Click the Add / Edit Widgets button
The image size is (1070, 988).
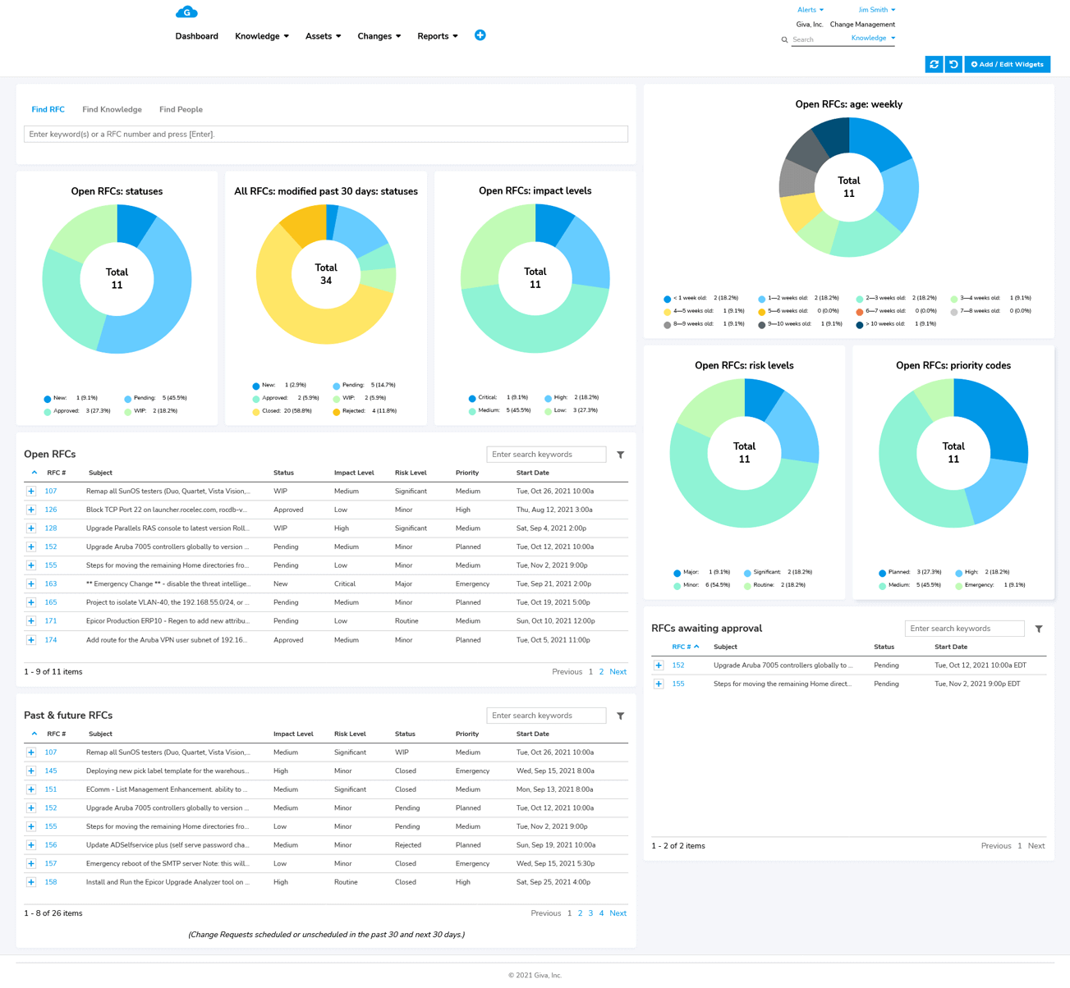tap(1007, 64)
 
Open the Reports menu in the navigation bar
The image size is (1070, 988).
tap(437, 36)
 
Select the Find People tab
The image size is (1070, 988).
tap(181, 109)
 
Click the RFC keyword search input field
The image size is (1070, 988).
tap(326, 134)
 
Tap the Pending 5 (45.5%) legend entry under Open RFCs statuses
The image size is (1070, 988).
tap(155, 398)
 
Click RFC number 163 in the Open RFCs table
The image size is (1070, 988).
tap(51, 584)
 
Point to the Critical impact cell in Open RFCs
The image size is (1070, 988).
tap(345, 584)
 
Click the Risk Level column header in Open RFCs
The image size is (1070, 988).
tap(411, 473)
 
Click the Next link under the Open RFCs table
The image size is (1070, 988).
tap(618, 672)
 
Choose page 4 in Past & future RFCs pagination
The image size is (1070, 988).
tap(601, 913)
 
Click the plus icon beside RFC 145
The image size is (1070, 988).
tap(31, 771)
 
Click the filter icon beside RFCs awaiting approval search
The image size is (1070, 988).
tap(1039, 629)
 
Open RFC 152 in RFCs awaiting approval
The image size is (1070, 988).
tap(678, 666)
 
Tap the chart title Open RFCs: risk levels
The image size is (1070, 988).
tap(744, 366)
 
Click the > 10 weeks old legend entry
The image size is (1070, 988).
tap(891, 324)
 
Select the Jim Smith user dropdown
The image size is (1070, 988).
tap(876, 10)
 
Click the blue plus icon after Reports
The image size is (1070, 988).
tap(480, 35)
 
